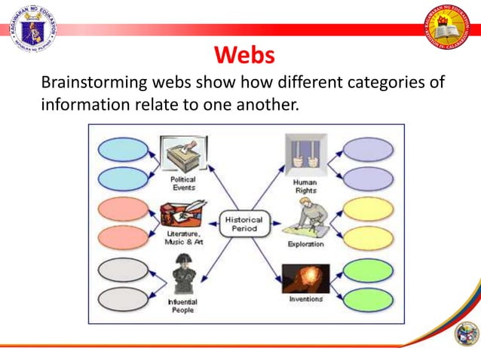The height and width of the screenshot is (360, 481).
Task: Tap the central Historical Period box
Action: coord(241,224)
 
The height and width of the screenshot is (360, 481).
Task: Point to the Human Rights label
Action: coord(305,186)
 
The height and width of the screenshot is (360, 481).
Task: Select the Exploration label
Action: coord(305,244)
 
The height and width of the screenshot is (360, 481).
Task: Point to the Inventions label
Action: coord(305,298)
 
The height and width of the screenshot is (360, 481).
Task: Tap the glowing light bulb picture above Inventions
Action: coord(305,277)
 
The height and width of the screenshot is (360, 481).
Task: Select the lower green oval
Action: coord(368,299)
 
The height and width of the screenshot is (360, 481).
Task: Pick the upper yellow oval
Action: coord(368,209)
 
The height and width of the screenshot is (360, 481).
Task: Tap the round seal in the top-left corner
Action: coord(32,28)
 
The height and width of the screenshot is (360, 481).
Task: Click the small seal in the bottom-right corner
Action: coord(466,332)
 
